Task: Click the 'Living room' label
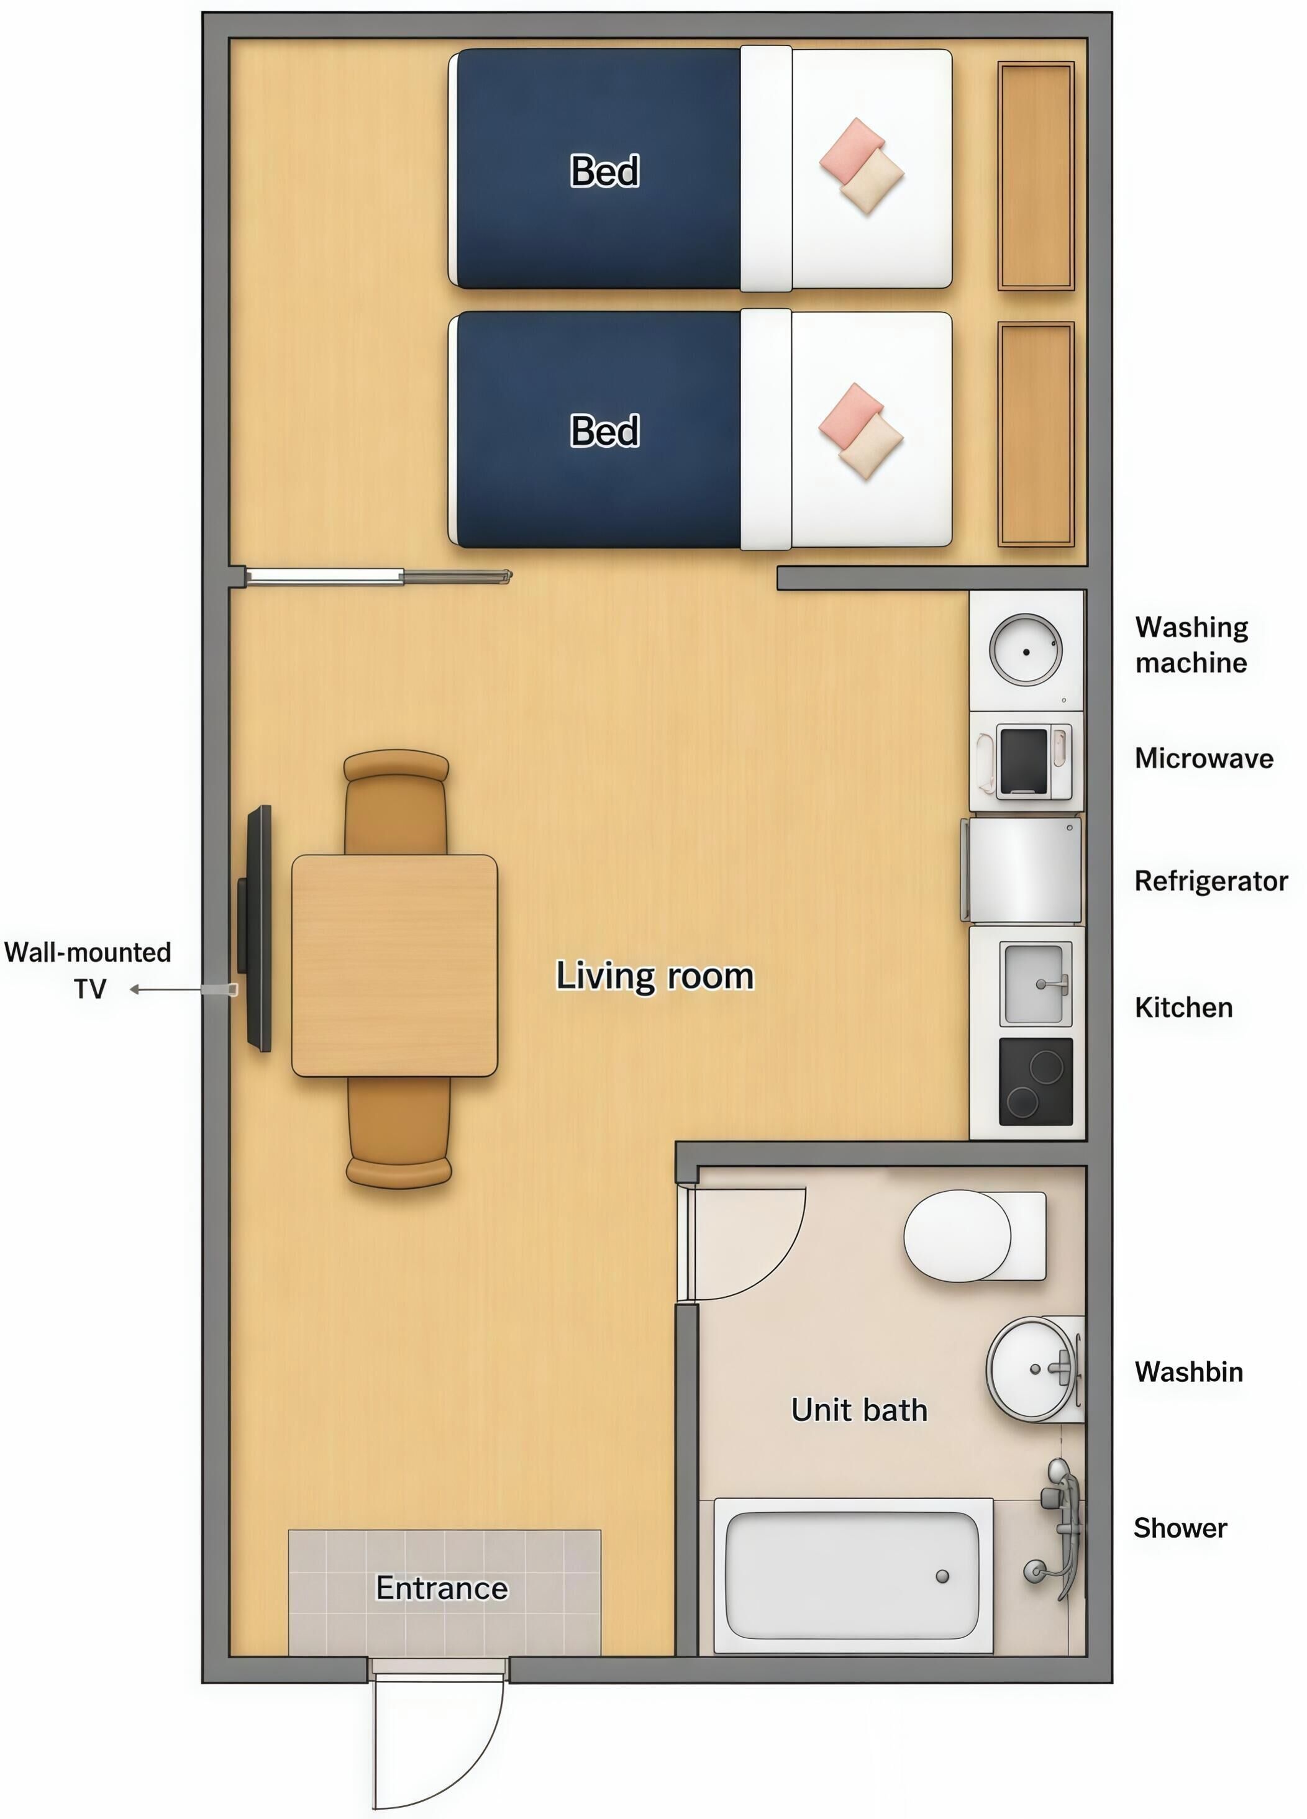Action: click(x=655, y=976)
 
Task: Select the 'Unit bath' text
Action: click(x=859, y=1409)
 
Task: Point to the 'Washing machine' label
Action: click(x=1191, y=645)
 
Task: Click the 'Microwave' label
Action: click(x=1203, y=758)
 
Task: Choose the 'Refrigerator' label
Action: click(x=1211, y=881)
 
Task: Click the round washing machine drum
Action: click(x=1026, y=650)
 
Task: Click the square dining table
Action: click(x=394, y=966)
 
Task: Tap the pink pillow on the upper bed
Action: click(x=851, y=150)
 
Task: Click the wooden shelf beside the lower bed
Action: click(x=1036, y=435)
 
